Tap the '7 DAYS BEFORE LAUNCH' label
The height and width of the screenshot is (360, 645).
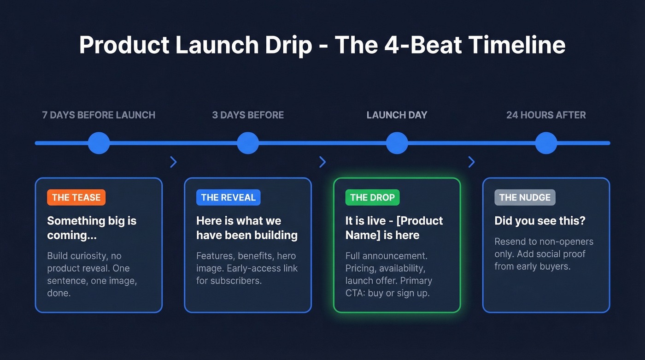99,115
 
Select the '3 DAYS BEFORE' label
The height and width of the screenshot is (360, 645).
248,115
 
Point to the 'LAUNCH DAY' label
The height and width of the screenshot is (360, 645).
397,115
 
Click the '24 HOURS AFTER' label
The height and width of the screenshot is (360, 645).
546,115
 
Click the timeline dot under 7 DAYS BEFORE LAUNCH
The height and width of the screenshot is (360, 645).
99,143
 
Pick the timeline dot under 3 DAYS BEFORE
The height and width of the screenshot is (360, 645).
248,143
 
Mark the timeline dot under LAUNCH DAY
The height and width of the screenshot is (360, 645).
397,143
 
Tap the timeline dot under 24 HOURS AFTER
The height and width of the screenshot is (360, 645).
546,143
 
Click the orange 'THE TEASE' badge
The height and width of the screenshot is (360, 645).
76,197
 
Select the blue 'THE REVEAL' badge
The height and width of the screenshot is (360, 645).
228,197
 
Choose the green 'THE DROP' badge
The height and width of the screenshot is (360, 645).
372,197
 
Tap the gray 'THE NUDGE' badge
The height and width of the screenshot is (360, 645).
525,197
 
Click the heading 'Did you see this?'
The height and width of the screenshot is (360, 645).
539,221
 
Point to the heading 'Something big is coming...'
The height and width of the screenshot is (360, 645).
92,228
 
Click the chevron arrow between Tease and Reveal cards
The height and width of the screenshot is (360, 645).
173,162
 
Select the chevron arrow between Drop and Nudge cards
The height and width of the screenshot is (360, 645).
471,162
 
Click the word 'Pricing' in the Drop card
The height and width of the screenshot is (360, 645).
361,268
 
